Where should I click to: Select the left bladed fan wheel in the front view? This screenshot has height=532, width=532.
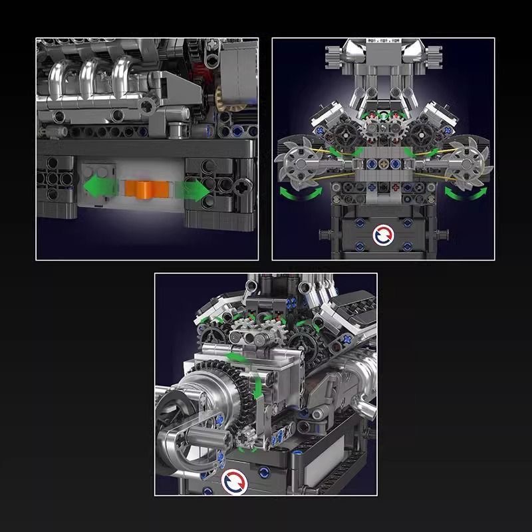(x=295, y=163)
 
